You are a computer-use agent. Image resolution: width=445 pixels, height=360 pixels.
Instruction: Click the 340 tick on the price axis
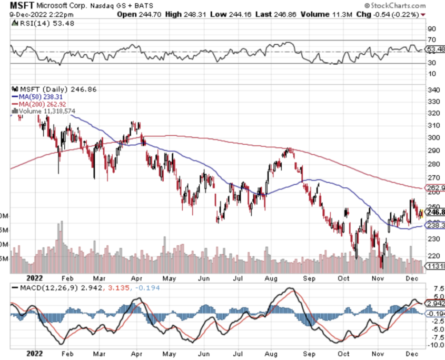click(x=433, y=90)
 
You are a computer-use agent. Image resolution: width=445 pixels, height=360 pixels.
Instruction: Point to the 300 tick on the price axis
click(x=433, y=138)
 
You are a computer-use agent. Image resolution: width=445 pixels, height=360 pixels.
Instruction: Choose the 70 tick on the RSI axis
click(x=431, y=40)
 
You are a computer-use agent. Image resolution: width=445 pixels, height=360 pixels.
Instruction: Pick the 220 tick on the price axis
click(x=433, y=256)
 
